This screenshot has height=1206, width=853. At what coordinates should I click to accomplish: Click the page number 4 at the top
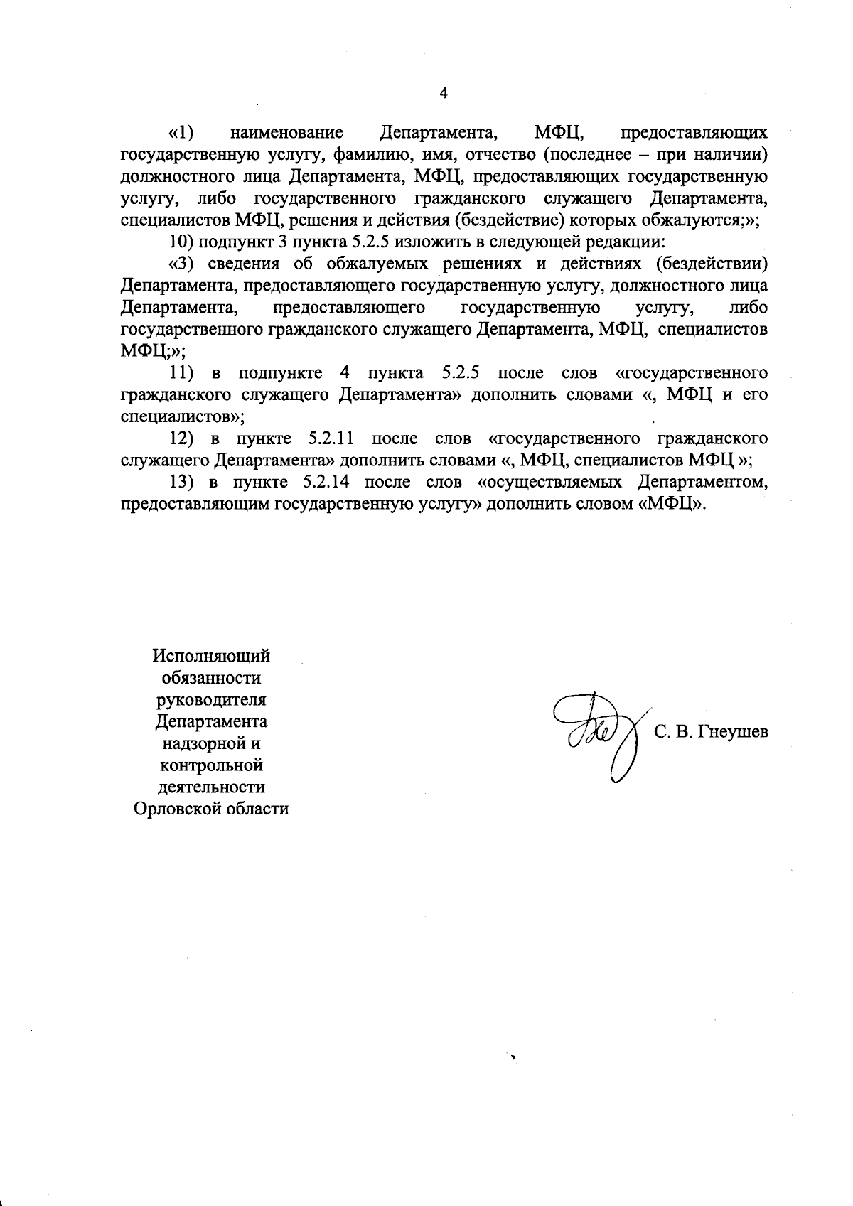point(444,93)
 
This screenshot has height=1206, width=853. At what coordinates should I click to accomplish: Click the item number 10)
point(182,242)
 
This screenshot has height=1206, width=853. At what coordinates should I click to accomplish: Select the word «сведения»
point(241,264)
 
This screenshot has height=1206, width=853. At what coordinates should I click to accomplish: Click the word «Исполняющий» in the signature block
point(212,656)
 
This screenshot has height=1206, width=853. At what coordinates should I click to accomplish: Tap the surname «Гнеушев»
point(733,733)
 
